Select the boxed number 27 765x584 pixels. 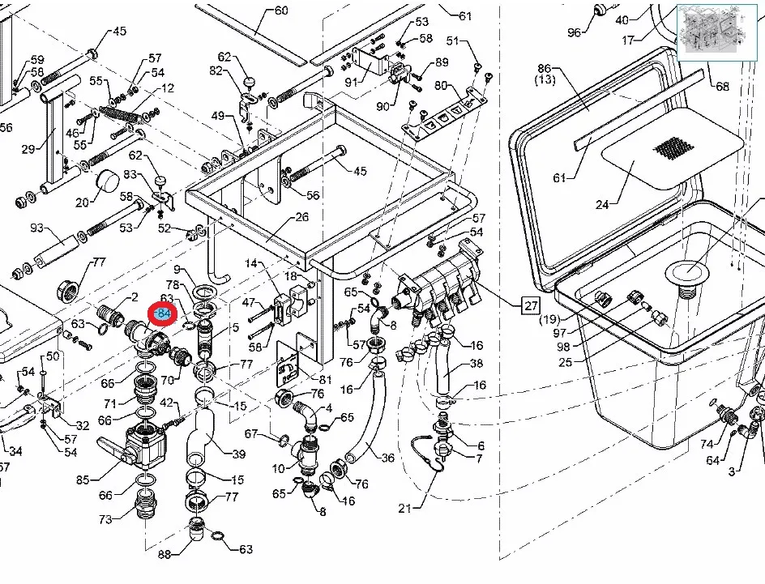point(531,305)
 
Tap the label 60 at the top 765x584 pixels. point(280,11)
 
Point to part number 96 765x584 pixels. point(574,32)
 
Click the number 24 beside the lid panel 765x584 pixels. point(602,205)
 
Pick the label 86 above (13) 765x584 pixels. point(544,69)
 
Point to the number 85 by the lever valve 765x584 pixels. point(83,480)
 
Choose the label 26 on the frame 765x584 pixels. point(301,217)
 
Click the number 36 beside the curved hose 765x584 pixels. point(387,458)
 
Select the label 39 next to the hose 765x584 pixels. point(239,454)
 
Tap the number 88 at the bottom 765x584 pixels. point(165,554)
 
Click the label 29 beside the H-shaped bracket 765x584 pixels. point(28,149)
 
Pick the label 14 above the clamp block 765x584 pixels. point(250,263)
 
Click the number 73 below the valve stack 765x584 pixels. point(105,519)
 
